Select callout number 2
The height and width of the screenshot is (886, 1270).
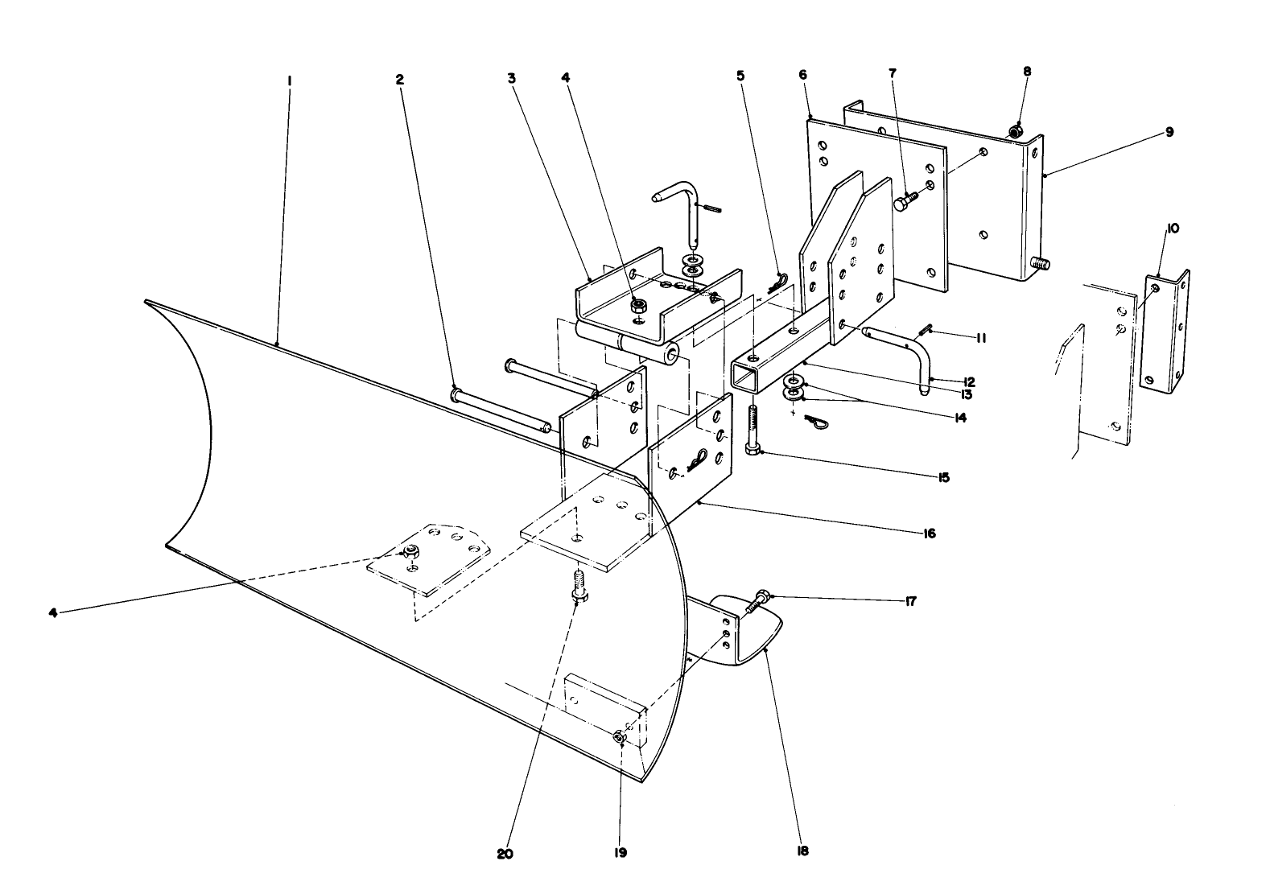(399, 80)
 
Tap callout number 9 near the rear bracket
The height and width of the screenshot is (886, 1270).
(1169, 132)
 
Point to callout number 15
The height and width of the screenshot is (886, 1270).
(943, 477)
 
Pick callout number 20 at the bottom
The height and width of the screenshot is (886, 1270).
(505, 854)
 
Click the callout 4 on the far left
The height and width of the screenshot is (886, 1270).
(53, 612)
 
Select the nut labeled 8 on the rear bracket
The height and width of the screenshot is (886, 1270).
(1016, 130)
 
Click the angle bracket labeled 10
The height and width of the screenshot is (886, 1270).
(1165, 330)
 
